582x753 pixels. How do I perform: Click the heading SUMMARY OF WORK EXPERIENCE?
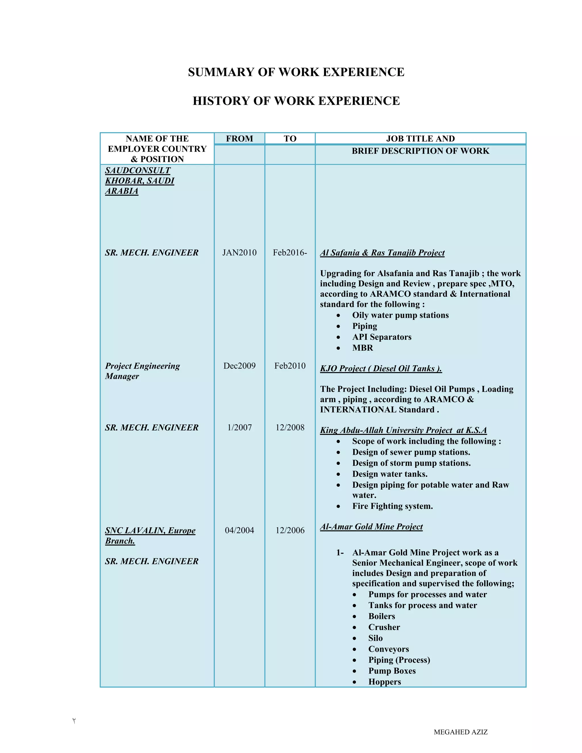296,72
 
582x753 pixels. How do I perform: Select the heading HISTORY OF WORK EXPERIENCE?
296,101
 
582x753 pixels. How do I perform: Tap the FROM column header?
239,139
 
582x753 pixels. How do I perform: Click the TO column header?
290,139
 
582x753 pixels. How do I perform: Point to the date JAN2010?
239,253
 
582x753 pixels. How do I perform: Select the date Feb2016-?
290,253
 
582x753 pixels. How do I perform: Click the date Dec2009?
239,366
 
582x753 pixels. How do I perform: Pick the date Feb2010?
290,366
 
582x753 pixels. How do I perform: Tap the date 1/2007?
239,428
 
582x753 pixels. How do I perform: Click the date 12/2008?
290,428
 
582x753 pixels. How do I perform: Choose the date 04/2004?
239,530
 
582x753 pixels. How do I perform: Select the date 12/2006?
290,530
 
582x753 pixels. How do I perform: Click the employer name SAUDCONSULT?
138,170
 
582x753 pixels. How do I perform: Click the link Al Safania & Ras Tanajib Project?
382,253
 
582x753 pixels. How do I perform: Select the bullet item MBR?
362,348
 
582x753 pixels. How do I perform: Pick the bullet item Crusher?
384,627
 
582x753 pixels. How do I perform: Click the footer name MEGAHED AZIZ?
460,732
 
